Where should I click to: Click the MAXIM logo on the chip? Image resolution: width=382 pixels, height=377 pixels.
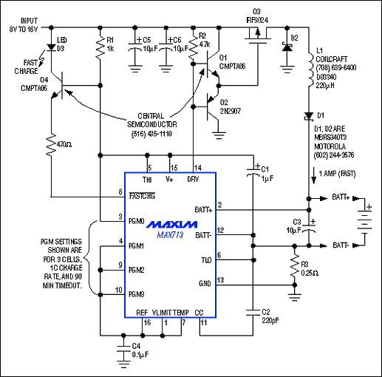tap(169, 223)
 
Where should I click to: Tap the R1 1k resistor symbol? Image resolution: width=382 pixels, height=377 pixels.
tap(100, 50)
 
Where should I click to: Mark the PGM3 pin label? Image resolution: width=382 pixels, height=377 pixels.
tap(137, 294)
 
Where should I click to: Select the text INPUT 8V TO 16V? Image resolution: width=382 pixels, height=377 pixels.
tap(25, 25)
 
